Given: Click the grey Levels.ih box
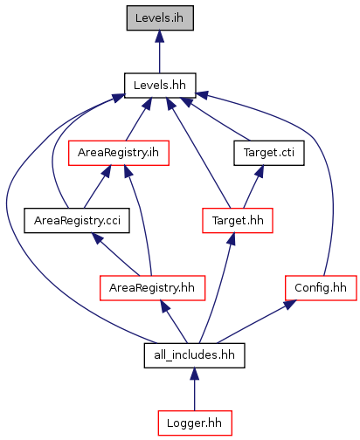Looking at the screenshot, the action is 160,17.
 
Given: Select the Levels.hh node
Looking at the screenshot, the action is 160,86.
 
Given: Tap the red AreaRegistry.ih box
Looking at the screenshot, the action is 119,153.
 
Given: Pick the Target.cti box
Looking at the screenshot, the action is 269,153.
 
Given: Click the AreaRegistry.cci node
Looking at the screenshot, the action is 77,220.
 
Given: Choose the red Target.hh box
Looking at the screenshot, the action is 238,220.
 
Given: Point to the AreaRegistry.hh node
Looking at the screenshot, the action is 152,288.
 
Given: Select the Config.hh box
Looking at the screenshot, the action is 321,288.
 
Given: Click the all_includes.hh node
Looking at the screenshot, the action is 194,355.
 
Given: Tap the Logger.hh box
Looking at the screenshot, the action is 195,423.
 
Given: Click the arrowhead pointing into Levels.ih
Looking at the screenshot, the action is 159,37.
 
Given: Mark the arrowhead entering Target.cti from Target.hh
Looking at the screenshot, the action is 260,172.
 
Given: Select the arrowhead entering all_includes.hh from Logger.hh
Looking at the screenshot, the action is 195,374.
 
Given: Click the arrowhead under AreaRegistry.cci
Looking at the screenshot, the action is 98,238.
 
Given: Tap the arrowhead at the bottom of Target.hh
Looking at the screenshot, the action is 232,239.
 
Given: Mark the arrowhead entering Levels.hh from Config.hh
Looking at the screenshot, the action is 202,95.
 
